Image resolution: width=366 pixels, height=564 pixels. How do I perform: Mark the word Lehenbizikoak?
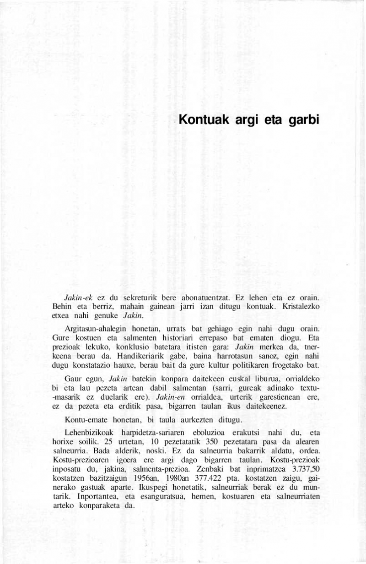click(x=90, y=433)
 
